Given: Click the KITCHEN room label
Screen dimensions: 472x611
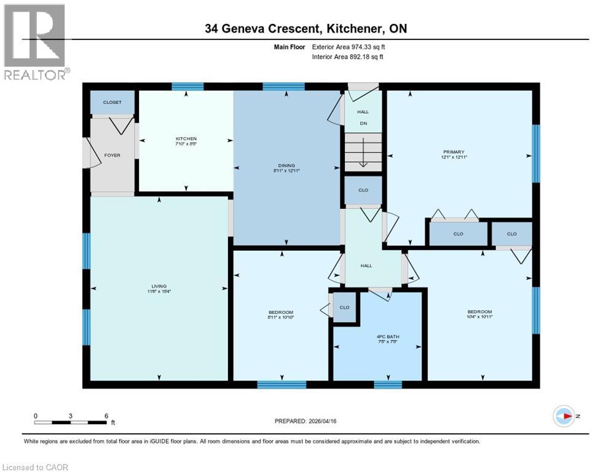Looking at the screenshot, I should (186, 139).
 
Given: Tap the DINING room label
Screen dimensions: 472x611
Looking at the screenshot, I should (286, 165).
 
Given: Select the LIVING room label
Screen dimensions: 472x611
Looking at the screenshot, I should (159, 285).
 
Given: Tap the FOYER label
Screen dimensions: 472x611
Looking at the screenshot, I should (112, 155).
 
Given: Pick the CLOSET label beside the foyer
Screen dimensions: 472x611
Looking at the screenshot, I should (112, 103).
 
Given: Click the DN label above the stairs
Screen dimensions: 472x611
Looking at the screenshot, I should (363, 124).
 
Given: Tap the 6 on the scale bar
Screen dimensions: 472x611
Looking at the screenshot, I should (106, 416).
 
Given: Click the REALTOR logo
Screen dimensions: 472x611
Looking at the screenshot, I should (34, 42).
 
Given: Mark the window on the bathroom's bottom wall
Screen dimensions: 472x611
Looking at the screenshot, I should (387, 385).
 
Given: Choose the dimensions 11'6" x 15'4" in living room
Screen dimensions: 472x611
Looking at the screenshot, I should (159, 291).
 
